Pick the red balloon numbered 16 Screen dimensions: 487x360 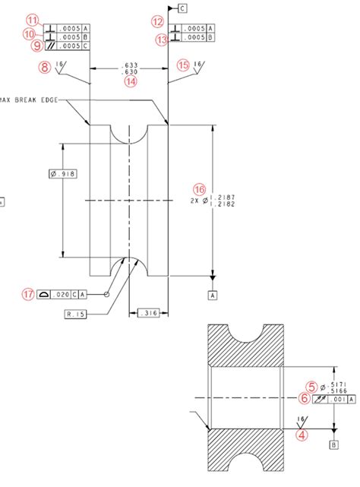pos(199,188)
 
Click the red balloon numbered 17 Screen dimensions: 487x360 pos(29,294)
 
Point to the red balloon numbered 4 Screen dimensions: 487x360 pos(302,435)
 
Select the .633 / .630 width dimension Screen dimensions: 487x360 pos(130,69)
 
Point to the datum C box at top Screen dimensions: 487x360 pos(182,8)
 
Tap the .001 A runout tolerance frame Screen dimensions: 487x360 pos(333,398)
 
